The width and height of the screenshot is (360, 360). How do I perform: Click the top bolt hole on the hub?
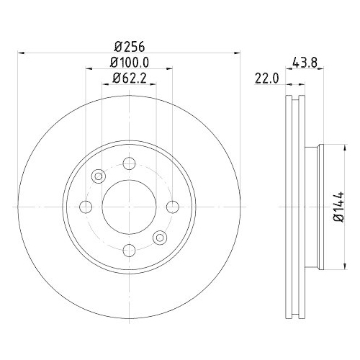(x=129, y=163)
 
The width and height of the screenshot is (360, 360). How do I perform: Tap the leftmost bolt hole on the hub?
(x=86, y=207)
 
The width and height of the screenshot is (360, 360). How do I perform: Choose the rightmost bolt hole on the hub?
(x=172, y=207)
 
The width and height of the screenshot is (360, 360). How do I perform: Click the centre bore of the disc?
(x=129, y=207)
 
